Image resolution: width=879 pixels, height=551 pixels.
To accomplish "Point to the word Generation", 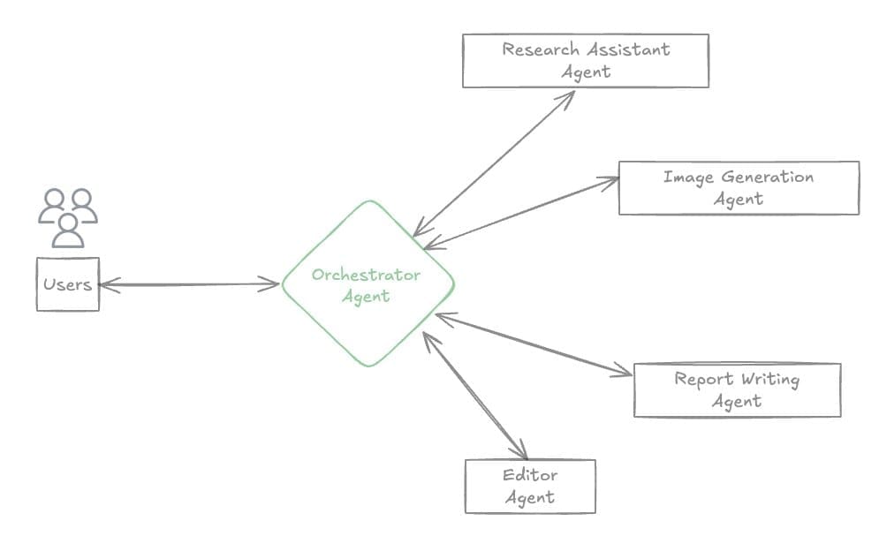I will pyautogui.click(x=766, y=177).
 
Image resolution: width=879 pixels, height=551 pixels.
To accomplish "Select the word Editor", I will pyautogui.click(x=530, y=475).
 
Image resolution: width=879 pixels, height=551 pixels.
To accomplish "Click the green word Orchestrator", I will pyautogui.click(x=366, y=275).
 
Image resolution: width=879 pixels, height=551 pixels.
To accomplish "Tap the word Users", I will pyautogui.click(x=67, y=285).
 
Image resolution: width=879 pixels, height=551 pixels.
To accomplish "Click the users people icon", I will pyautogui.click(x=68, y=217).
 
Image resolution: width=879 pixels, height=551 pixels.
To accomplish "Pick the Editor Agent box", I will pyautogui.click(x=530, y=487).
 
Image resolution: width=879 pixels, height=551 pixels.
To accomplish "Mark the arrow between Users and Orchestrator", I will pyautogui.click(x=189, y=284).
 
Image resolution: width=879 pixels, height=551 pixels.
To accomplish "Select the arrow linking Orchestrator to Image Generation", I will pyautogui.click(x=521, y=213).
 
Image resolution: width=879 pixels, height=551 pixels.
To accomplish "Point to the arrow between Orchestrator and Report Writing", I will pyautogui.click(x=534, y=344).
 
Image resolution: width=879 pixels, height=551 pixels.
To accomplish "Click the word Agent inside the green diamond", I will pyautogui.click(x=365, y=297).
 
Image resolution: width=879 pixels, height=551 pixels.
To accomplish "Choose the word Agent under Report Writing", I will pyautogui.click(x=737, y=401).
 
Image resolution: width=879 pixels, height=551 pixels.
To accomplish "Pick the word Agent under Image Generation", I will pyautogui.click(x=739, y=199).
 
